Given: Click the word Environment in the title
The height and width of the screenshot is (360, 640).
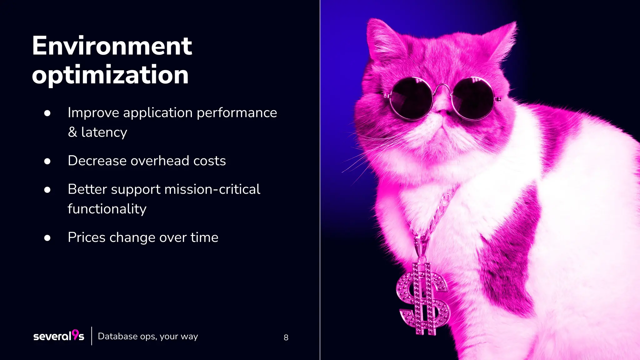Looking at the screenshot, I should click(112, 46).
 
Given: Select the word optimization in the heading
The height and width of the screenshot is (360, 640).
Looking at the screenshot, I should click(110, 75).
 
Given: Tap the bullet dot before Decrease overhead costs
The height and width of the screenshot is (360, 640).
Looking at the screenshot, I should click(47, 161).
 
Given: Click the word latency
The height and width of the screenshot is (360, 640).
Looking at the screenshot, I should click(104, 132).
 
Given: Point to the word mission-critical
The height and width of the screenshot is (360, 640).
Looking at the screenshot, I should click(212, 189).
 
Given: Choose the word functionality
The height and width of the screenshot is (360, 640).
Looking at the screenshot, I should click(107, 209).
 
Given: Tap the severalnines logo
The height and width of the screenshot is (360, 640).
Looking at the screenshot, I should click(59, 336).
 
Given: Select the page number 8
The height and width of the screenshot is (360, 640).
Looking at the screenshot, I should click(286, 337).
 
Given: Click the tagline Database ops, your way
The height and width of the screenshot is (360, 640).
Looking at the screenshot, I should click(148, 336).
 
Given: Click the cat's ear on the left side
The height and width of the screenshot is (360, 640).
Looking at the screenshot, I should click(383, 37).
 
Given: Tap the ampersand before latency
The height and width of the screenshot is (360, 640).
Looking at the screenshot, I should click(72, 132).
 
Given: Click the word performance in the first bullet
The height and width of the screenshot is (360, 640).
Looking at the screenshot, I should click(237, 113).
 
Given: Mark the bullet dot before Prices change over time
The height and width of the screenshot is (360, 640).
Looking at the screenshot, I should click(47, 238).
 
